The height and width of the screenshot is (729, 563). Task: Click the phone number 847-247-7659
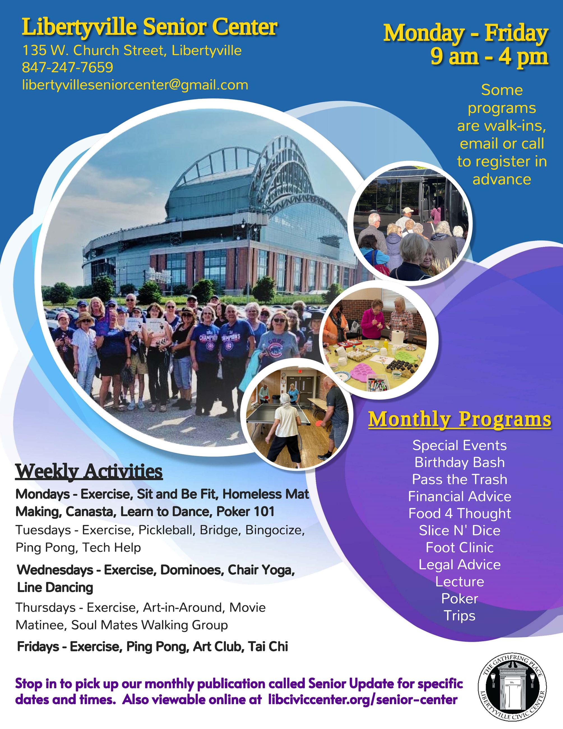67,67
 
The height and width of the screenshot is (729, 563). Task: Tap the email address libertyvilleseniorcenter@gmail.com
135,85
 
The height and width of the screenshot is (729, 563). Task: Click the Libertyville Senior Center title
149,27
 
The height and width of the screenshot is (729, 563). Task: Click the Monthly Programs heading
460,419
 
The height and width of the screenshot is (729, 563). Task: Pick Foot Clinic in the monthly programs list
460,547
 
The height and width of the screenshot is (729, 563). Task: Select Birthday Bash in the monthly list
460,462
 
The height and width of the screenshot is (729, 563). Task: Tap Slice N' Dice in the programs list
460,530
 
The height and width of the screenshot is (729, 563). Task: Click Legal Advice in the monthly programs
460,564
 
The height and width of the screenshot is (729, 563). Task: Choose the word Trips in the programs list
460,616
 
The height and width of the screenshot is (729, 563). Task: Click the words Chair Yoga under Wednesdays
261,570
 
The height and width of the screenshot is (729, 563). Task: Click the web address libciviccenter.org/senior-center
363,700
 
